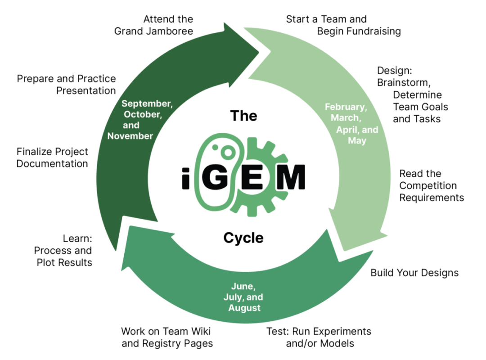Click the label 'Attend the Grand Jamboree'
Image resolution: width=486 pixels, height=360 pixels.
tap(153, 25)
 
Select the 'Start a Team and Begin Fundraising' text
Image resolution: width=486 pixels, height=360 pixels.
tap(343, 25)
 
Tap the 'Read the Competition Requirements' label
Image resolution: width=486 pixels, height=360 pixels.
tap(431, 185)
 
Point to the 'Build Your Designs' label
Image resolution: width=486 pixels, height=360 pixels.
tap(414, 273)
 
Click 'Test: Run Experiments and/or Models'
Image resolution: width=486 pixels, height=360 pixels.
tap(319, 337)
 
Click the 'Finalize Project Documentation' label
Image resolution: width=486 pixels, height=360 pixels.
tap(52, 157)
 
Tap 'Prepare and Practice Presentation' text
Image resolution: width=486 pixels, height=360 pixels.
tap(67, 85)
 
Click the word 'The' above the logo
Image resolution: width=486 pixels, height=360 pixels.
tap(243, 116)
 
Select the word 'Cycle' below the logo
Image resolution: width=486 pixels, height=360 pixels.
tap(243, 237)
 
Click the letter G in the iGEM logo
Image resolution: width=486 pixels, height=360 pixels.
tap(215, 178)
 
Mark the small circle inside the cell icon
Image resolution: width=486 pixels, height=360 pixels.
tap(229, 153)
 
